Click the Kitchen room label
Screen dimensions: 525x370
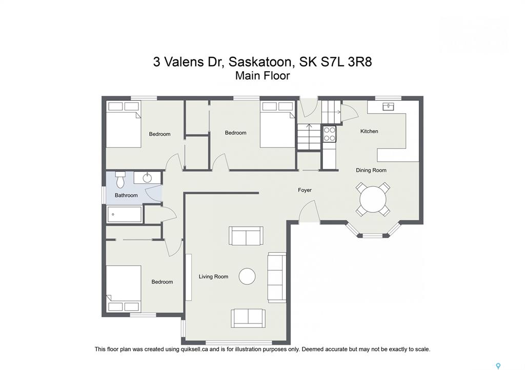[x=369, y=132]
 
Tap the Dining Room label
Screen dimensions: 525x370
[x=371, y=170]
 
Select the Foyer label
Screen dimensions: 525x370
[x=305, y=190]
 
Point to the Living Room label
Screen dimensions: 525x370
[x=213, y=277]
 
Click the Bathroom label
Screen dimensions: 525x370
[x=126, y=195]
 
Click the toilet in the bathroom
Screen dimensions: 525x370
[x=120, y=180]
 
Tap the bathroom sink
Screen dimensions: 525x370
[x=147, y=178]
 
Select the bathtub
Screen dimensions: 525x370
[x=124, y=214]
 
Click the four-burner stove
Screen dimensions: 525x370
[x=329, y=134]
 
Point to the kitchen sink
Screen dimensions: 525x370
[x=389, y=106]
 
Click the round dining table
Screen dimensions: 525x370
[x=373, y=200]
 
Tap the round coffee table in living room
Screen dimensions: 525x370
[x=247, y=276]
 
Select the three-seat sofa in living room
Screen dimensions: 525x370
[x=276, y=277]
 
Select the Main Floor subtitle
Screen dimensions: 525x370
[x=262, y=76]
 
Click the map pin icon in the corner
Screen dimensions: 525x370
[x=498, y=366]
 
